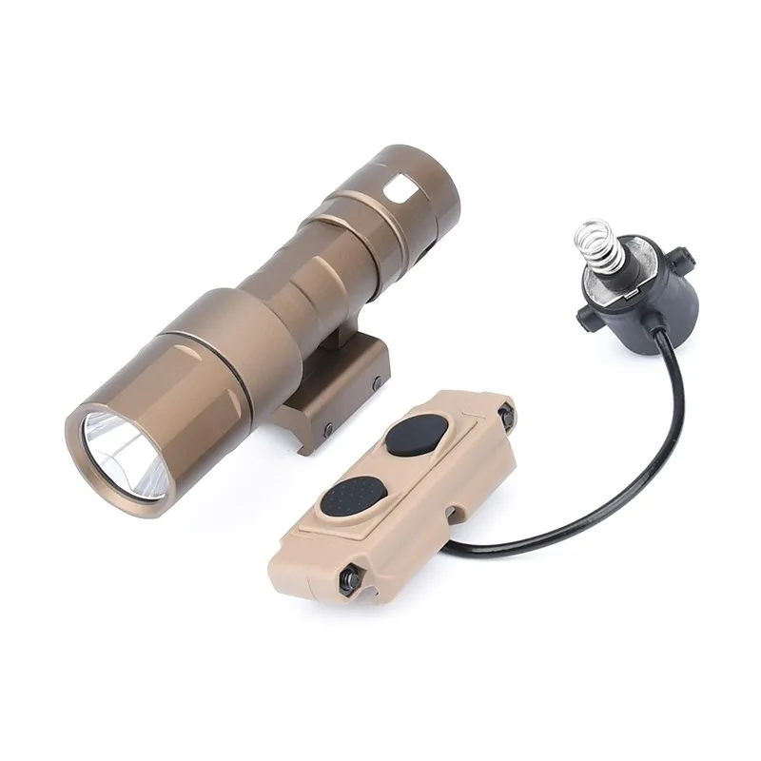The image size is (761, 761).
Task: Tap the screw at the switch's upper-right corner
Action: pos(503,411)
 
